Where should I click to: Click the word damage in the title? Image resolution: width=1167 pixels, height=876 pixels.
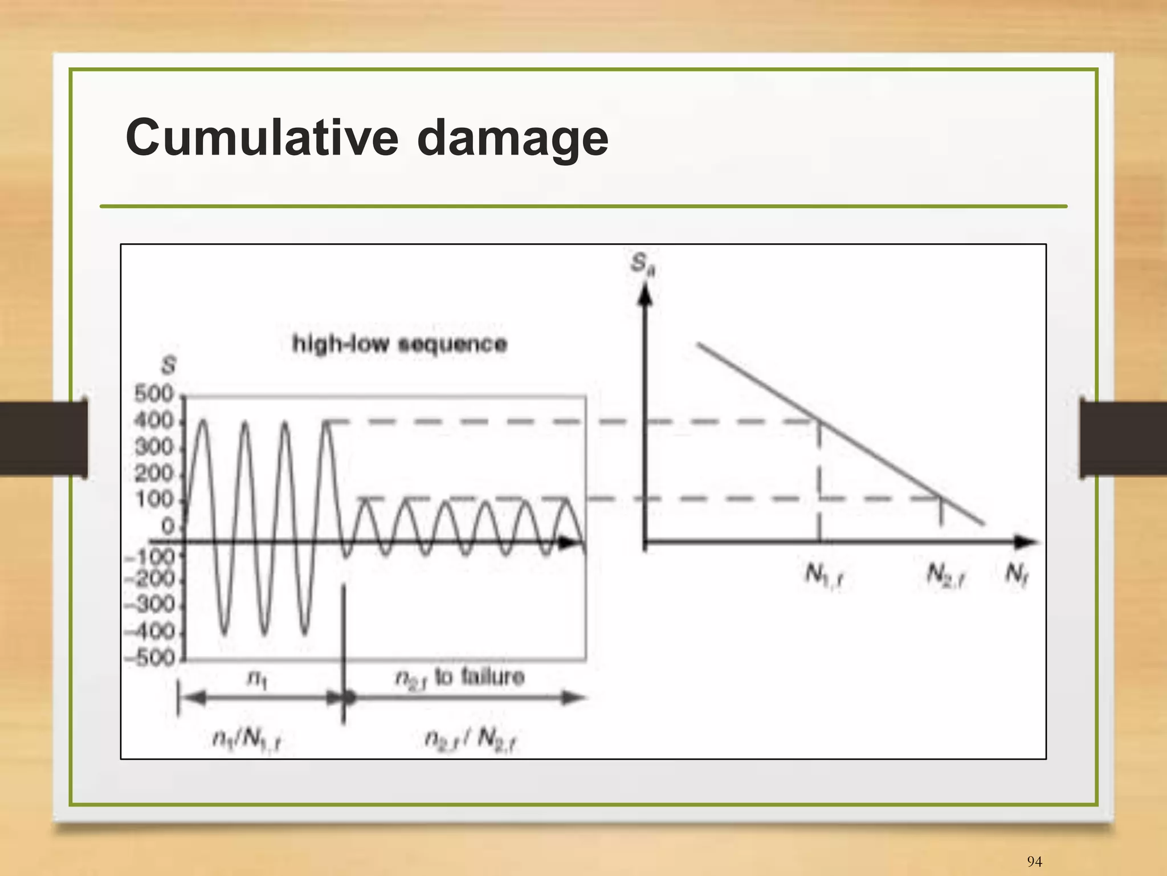(x=512, y=138)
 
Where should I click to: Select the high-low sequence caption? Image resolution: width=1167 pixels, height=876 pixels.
(x=399, y=344)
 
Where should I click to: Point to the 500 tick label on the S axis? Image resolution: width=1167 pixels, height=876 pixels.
(x=154, y=394)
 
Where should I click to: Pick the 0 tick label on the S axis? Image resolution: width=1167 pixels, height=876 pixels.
(x=168, y=526)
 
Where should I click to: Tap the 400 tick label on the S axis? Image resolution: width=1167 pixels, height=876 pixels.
(x=154, y=421)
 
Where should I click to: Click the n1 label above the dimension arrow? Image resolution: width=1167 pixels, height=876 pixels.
(x=256, y=678)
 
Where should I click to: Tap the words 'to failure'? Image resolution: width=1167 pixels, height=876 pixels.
(x=479, y=677)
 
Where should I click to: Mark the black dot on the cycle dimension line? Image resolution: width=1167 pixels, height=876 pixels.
(x=349, y=698)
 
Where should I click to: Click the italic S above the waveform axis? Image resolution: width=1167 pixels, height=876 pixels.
(x=168, y=366)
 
